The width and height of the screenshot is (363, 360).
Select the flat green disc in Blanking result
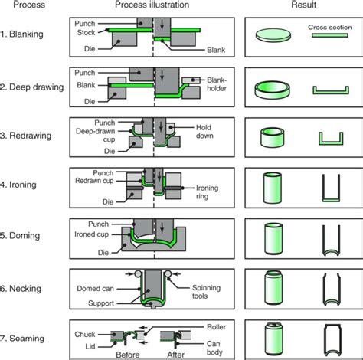point(273,34)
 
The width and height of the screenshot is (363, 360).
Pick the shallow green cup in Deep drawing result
point(274,89)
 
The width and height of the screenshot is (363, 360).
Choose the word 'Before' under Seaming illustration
point(127,354)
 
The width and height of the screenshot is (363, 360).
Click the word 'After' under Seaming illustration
point(175,354)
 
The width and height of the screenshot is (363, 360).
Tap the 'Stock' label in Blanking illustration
point(87,33)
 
